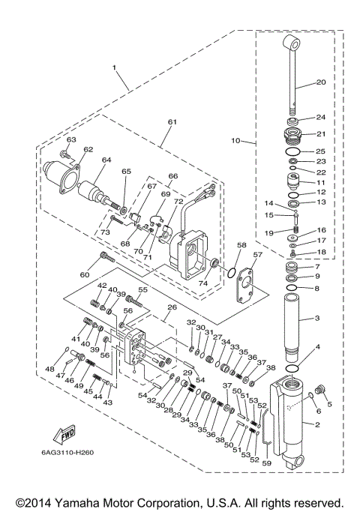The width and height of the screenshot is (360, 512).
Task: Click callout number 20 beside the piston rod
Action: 320,82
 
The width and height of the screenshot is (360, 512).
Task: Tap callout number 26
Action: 171,307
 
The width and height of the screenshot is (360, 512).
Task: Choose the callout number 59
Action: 265,463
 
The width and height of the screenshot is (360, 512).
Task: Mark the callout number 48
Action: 49,369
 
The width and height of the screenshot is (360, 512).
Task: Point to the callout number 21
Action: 320,134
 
